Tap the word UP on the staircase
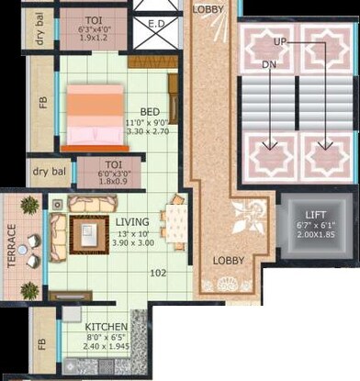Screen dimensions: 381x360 tap(281, 42)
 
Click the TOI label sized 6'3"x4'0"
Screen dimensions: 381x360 tap(94, 20)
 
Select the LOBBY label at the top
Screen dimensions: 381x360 tap(208, 8)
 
